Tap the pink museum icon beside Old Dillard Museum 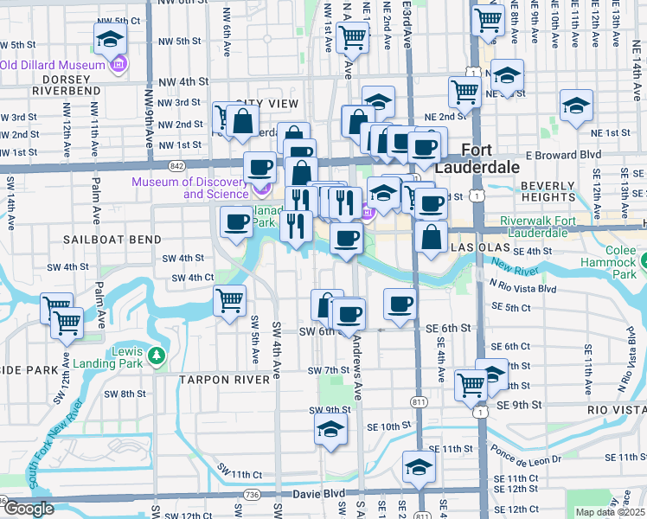pyautogui.click(x=118, y=65)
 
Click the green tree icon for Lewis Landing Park pyautogui.click(x=156, y=356)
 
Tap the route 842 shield pyautogui.click(x=177, y=165)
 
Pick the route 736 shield pyautogui.click(x=252, y=494)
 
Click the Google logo pyautogui.click(x=29, y=509)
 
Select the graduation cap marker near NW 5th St pyautogui.click(x=111, y=38)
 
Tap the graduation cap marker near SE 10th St pyautogui.click(x=330, y=429)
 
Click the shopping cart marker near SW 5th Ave pyautogui.click(x=229, y=301)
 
